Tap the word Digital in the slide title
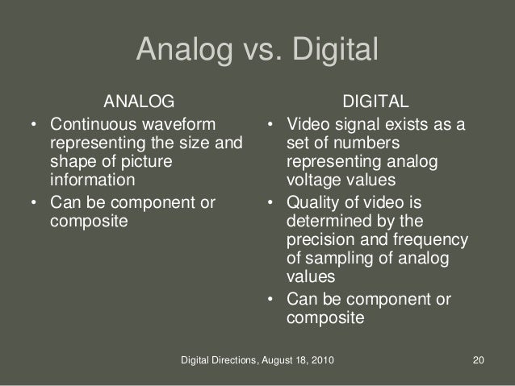point(331,51)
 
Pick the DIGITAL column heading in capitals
point(376,102)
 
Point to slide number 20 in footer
point(477,369)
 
